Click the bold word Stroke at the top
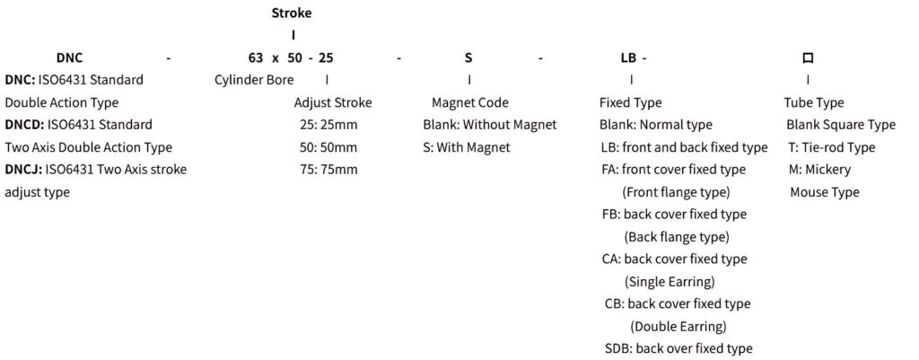pos(292,13)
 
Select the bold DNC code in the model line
pos(70,57)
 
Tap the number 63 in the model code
pos(255,57)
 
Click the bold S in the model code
pos(468,57)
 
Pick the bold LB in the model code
pos(628,57)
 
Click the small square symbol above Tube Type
pos(808,57)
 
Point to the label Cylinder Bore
pos(254,80)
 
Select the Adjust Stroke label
pos(333,102)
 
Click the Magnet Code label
pos(470,102)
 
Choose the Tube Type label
pos(814,102)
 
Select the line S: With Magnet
pos(467,148)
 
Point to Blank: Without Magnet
pos(490,125)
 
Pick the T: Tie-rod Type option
pos(832,148)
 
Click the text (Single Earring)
pos(670,282)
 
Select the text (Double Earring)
pos(678,326)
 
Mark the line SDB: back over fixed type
pos(678,349)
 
